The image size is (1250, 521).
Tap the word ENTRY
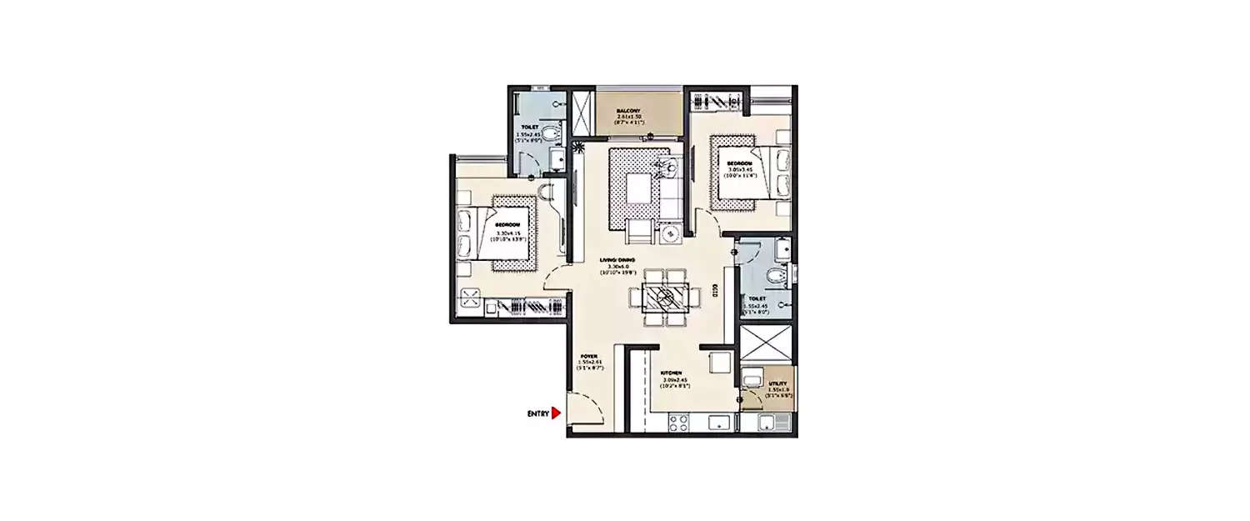537,413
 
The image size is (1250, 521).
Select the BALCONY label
628,111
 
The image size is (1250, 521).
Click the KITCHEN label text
672,373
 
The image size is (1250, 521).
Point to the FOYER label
589,356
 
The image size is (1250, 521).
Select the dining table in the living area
664,297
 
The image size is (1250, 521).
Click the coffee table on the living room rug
638,188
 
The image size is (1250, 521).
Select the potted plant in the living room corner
578,150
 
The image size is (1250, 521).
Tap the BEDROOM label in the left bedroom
507,226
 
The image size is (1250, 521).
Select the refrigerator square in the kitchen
719,362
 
